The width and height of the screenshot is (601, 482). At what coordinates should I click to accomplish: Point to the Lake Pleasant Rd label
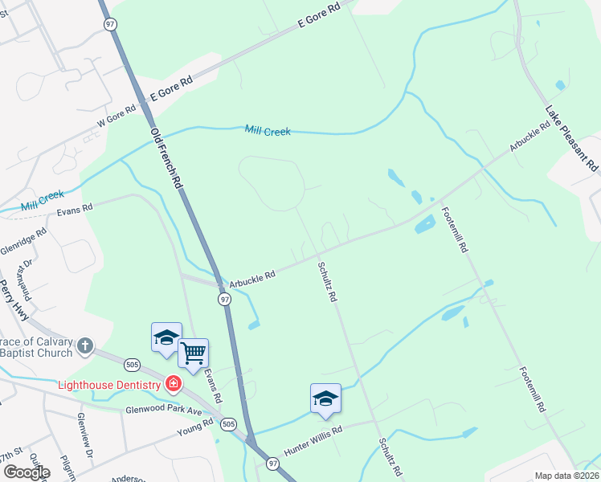point(572,137)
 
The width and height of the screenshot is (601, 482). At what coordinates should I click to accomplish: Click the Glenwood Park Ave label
point(164,410)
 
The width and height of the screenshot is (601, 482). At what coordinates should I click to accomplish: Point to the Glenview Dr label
point(84,429)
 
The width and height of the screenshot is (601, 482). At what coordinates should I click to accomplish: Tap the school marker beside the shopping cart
point(166,337)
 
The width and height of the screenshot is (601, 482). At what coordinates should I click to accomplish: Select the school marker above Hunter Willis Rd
point(325,398)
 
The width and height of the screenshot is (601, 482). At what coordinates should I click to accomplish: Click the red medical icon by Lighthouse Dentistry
point(173,384)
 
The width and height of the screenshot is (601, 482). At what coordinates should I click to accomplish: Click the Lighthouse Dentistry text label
point(109,385)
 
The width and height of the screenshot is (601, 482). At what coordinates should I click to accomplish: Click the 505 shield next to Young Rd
point(229,423)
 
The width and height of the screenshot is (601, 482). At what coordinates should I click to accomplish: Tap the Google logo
point(26,472)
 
